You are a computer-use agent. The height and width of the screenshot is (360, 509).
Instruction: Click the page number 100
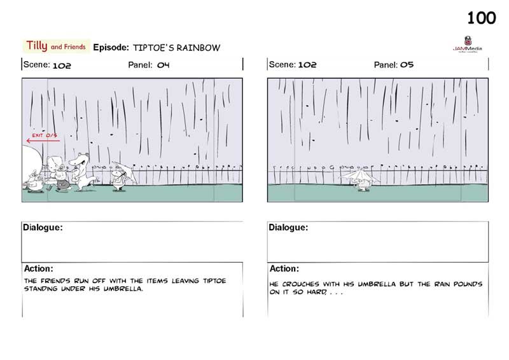pyautogui.click(x=482, y=18)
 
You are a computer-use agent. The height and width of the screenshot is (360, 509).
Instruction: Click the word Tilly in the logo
pyautogui.click(x=37, y=45)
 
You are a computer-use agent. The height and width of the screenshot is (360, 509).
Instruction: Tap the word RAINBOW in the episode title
pyautogui.click(x=198, y=48)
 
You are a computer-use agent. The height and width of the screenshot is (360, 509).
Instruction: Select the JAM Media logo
pyautogui.click(x=468, y=44)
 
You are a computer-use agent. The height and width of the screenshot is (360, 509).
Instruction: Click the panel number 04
pyautogui.click(x=164, y=65)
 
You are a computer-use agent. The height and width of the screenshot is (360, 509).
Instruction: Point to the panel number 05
pyautogui.click(x=407, y=65)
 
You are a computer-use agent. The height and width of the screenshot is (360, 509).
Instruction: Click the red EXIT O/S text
pyautogui.click(x=45, y=135)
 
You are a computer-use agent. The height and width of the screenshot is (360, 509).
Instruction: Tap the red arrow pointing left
pyautogui.click(x=43, y=141)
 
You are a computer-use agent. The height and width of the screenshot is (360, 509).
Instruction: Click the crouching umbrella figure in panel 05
pyautogui.click(x=361, y=179)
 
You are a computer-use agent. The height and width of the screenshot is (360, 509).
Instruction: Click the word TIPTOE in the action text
pyautogui.click(x=214, y=280)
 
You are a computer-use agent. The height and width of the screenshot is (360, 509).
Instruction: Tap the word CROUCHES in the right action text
pyautogui.click(x=300, y=284)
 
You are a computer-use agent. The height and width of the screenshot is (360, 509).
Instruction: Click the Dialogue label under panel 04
pyautogui.click(x=43, y=227)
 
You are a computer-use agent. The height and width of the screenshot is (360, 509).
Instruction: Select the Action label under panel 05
pyautogui.click(x=284, y=268)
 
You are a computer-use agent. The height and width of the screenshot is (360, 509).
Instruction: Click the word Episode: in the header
pyautogui.click(x=111, y=48)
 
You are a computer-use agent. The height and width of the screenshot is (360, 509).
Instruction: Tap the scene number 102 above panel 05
pyautogui.click(x=307, y=65)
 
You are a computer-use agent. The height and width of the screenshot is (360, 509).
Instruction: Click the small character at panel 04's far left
pyautogui.click(x=34, y=183)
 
